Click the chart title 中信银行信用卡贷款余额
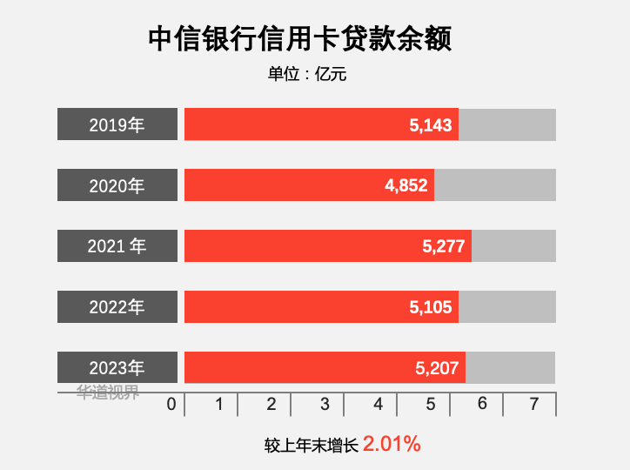click(x=300, y=39)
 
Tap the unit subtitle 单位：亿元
click(x=307, y=75)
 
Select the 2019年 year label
click(x=117, y=124)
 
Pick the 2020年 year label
click(x=117, y=185)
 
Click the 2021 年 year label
click(x=117, y=246)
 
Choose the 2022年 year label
click(x=117, y=307)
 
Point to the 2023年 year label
click(x=117, y=368)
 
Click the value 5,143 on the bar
click(x=431, y=125)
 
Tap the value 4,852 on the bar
click(x=406, y=186)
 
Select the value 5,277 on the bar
click(x=444, y=247)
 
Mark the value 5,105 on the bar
click(x=431, y=308)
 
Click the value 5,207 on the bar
click(x=437, y=369)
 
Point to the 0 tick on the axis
click(x=171, y=405)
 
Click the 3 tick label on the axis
click(x=325, y=405)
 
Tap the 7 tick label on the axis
click(x=534, y=405)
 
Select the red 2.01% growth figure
click(x=392, y=444)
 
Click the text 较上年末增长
click(x=312, y=445)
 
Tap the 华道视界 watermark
click(x=108, y=393)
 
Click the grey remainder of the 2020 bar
click(x=495, y=185)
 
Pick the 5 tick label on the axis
click(x=430, y=405)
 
